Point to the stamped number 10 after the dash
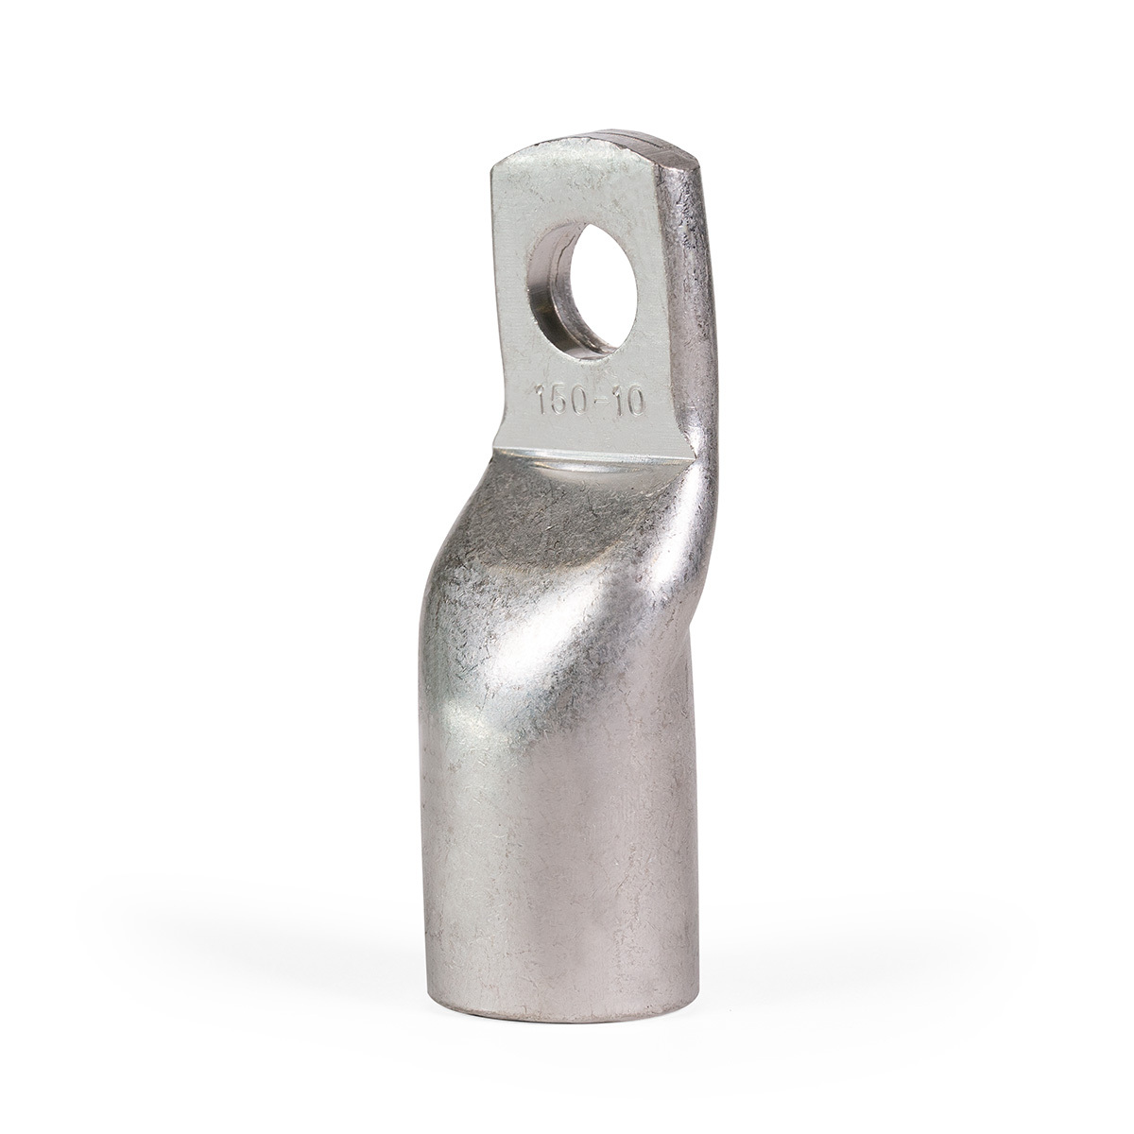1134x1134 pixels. (x=628, y=404)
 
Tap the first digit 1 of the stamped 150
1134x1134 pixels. (x=541, y=402)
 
